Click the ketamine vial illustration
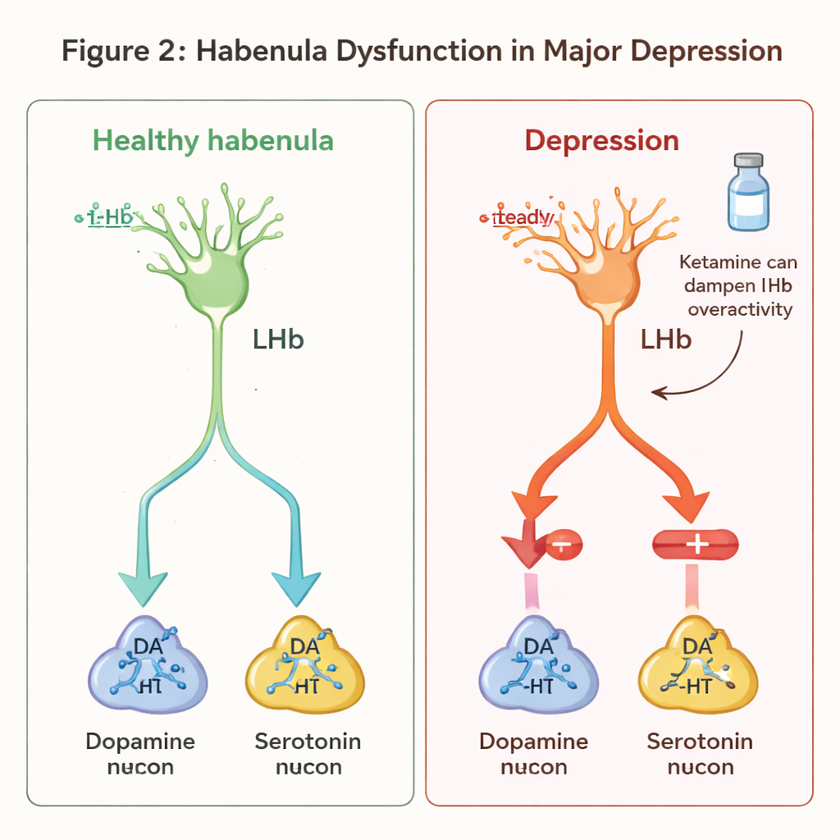(748, 194)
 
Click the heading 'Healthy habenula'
(213, 140)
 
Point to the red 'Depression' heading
(601, 140)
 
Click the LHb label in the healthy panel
(279, 339)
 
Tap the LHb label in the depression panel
(665, 339)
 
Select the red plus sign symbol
(695, 543)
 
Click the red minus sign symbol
(561, 543)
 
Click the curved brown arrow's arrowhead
(658, 394)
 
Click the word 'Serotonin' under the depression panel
(700, 742)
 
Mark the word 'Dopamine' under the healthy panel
(140, 742)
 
